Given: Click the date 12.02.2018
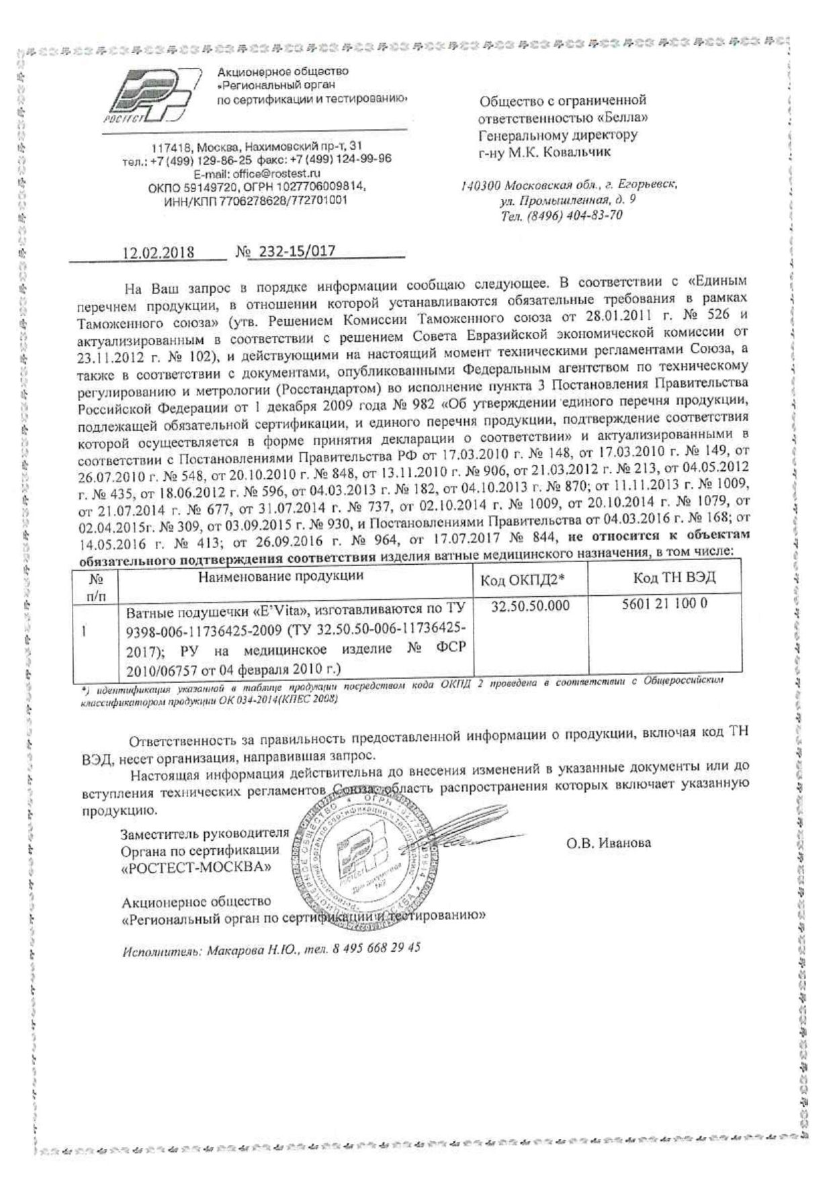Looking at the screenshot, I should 158,253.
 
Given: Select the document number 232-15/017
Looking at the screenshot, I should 292,252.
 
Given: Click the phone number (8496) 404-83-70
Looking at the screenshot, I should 578,216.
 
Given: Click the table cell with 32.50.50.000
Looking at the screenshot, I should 530,606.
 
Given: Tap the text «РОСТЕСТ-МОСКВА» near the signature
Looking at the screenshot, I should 197,866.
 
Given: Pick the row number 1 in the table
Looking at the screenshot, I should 83,631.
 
